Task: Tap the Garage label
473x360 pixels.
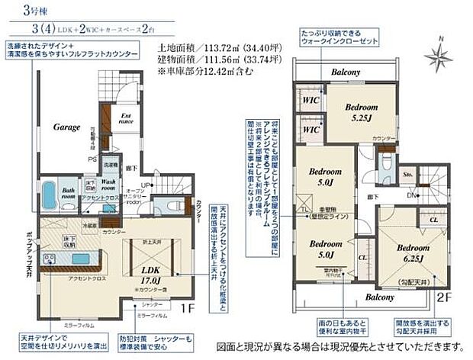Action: coord(67,128)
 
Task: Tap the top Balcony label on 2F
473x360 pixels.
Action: coord(345,73)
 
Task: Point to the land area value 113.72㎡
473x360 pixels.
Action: coord(211,47)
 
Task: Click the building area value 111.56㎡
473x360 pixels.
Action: coord(211,59)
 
